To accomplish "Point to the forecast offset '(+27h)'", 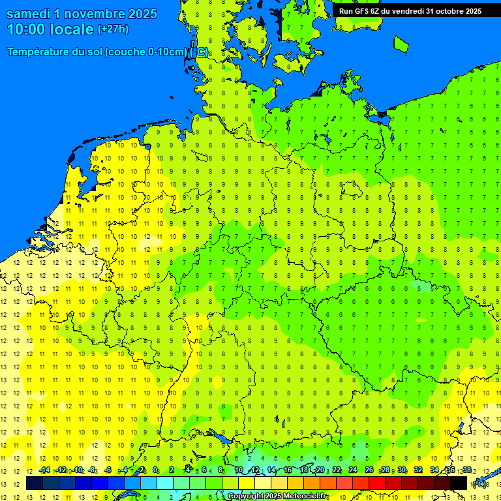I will tap(113, 29).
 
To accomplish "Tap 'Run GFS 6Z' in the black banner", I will tap(359, 11).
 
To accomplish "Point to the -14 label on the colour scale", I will tap(44, 470).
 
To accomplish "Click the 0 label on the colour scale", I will tap(155, 470).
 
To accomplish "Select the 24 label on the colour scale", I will tap(352, 470).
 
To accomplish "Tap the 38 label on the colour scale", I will tap(467, 470).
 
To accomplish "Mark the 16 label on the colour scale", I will tap(287, 470).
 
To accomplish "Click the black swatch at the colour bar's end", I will tap(459, 483).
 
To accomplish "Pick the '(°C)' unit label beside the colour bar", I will tap(479, 483).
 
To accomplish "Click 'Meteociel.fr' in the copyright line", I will tap(305, 496).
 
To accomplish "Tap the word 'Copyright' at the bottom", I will tap(245, 496).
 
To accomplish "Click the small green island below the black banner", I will tap(401, 44).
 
